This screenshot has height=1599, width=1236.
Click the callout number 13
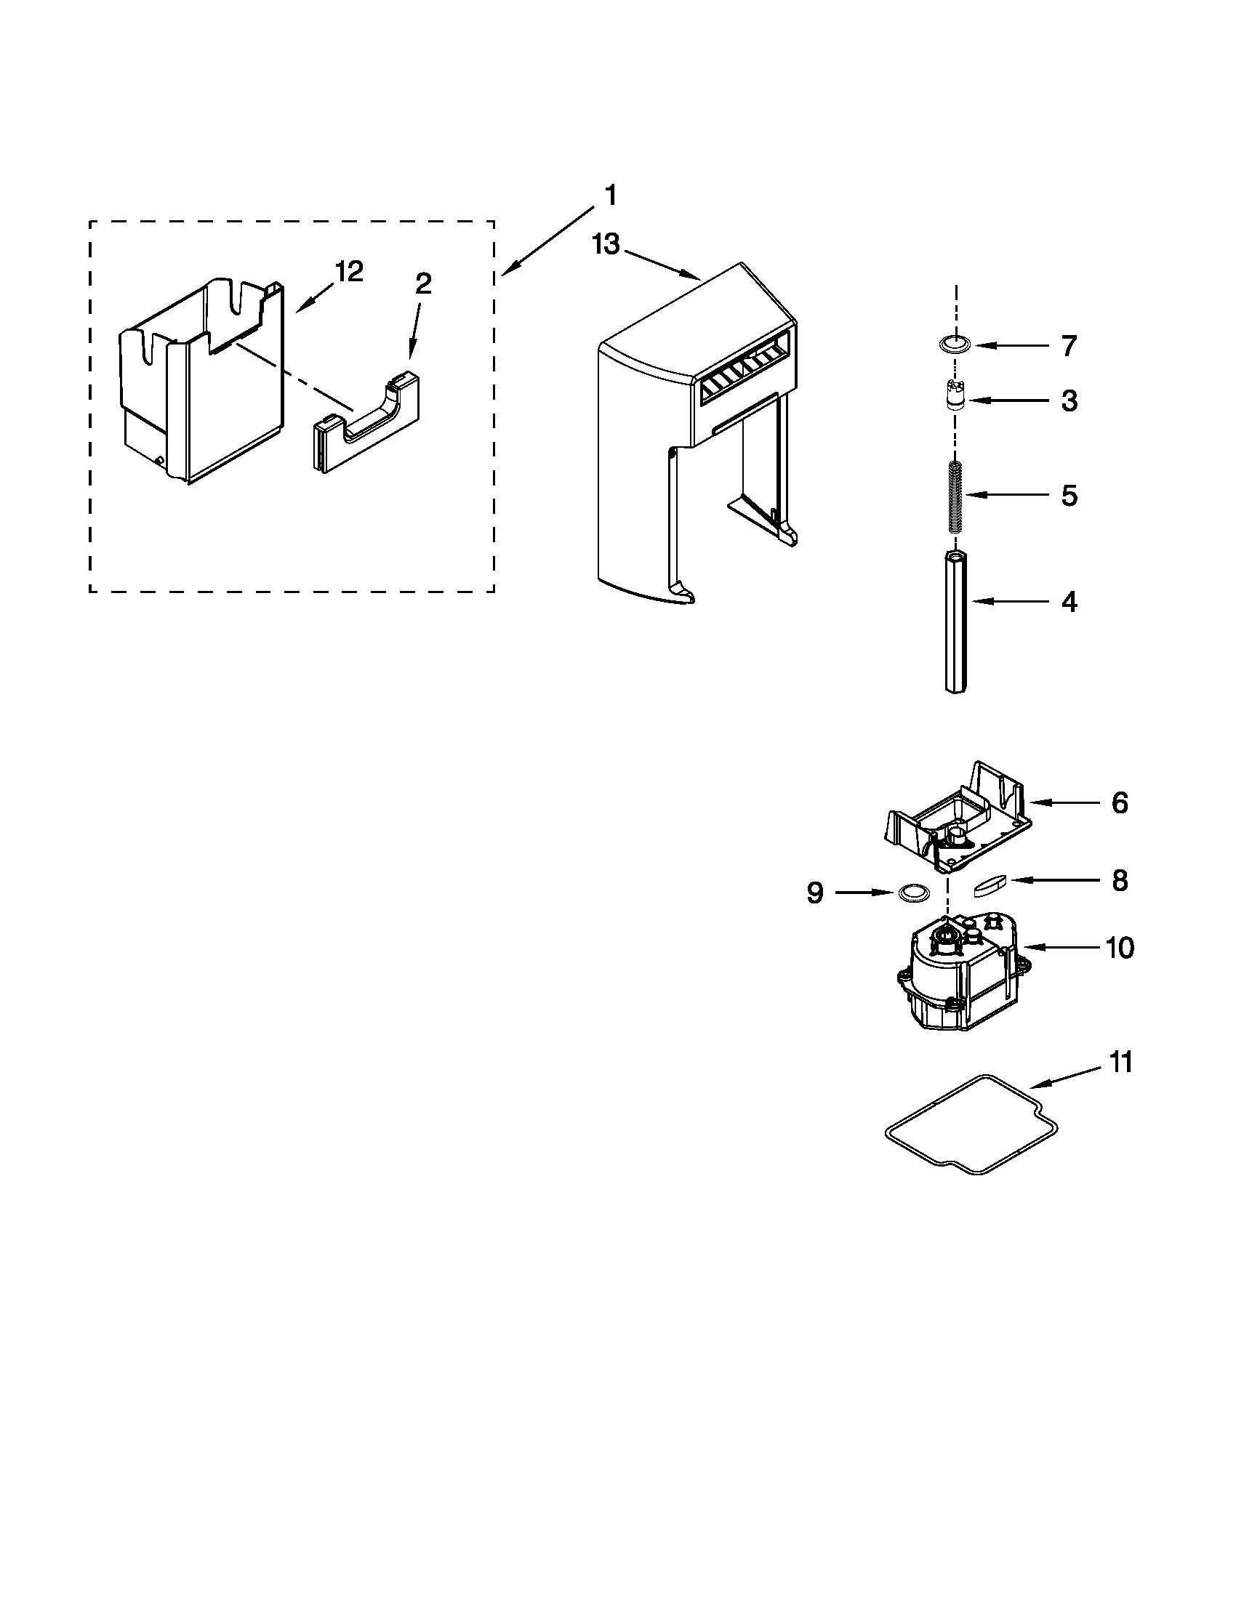(x=606, y=244)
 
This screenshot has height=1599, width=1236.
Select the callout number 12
(x=348, y=273)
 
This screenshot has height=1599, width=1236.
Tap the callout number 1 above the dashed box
(x=609, y=196)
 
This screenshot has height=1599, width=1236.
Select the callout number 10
(x=1120, y=947)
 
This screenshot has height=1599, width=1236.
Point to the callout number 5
(x=1069, y=496)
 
